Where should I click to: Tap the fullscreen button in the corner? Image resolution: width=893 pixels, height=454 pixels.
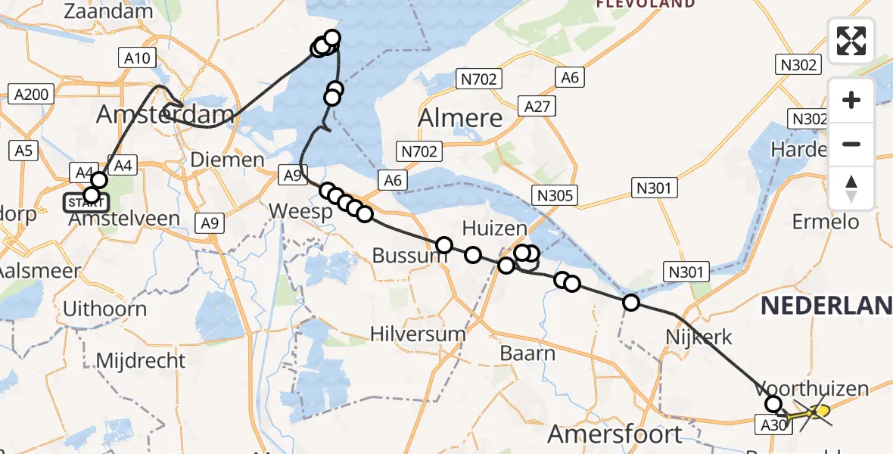pyautogui.click(x=851, y=40)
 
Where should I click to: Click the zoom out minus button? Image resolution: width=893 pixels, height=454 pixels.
pyautogui.click(x=851, y=144)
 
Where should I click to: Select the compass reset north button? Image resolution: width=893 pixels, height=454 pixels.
pyautogui.click(x=851, y=188)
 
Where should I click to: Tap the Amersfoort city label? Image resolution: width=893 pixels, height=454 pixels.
pyautogui.click(x=615, y=434)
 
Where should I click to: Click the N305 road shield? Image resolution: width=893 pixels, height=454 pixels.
pyautogui.click(x=555, y=196)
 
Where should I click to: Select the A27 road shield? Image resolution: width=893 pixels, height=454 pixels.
pyautogui.click(x=537, y=107)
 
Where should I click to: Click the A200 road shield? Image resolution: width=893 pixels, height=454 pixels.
pyautogui.click(x=31, y=95)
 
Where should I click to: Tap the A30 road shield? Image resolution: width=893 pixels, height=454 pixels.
pyautogui.click(x=773, y=425)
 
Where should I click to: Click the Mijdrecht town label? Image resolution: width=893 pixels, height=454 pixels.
pyautogui.click(x=141, y=359)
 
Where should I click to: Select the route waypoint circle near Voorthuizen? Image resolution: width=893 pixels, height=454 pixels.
pyautogui.click(x=773, y=404)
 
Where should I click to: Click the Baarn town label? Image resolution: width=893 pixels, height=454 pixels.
pyautogui.click(x=527, y=353)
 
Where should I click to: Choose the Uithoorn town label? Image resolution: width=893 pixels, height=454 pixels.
pyautogui.click(x=104, y=309)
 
